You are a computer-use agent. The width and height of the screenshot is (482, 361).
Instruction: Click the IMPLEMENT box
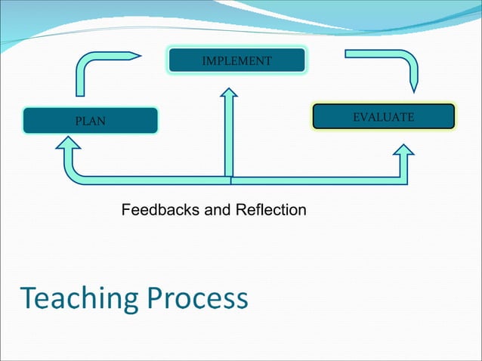pos(236,60)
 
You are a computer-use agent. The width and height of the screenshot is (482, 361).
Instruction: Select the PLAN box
pos(91,120)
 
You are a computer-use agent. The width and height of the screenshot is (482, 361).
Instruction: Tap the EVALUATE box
pos(384,117)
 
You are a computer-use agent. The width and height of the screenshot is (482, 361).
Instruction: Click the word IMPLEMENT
pos(236,60)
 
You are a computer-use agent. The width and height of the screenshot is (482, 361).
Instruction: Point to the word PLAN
pos(90,121)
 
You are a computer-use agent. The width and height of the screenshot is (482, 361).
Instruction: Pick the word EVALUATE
pos(384,117)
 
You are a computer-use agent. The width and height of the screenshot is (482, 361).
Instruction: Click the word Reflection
pos(271,209)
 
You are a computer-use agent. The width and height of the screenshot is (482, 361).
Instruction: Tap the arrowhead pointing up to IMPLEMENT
pos(228,94)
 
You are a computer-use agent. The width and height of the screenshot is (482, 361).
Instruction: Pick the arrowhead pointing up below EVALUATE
pos(403,151)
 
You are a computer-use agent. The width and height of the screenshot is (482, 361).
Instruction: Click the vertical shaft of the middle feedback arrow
pos(228,136)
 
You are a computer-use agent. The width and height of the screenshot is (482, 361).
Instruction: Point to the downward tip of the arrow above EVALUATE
pos(413,91)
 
